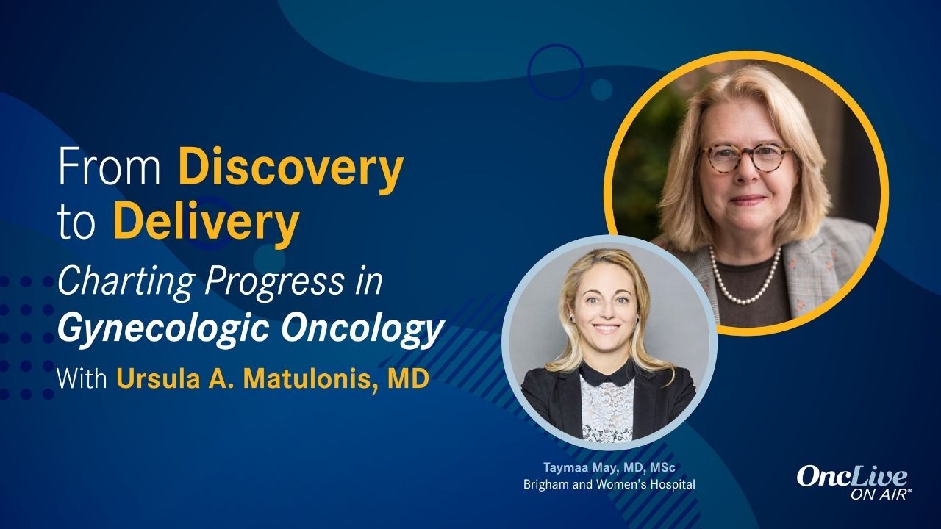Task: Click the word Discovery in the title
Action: (290, 169)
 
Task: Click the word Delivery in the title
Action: (205, 223)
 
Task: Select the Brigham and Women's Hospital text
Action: (609, 485)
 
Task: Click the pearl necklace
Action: (743, 283)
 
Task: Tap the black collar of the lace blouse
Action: (607, 375)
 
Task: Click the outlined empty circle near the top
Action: (555, 72)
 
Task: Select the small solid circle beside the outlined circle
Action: (601, 90)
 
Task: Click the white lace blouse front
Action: (607, 411)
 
